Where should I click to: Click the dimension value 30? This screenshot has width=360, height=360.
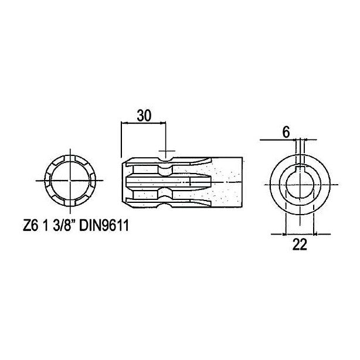tap(144, 116)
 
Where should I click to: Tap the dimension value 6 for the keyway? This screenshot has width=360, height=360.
tap(286, 133)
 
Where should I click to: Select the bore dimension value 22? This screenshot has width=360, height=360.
tap(300, 244)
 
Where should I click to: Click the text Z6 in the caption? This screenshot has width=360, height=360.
tap(30, 226)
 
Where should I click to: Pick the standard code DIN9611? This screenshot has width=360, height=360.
tap(104, 226)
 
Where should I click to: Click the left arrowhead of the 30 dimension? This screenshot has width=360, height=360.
tap(123, 123)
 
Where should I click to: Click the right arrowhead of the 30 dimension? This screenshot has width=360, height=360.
tap(163, 123)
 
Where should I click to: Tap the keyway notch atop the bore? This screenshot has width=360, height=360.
tap(300, 168)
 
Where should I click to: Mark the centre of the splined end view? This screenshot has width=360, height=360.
tap(70, 181)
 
